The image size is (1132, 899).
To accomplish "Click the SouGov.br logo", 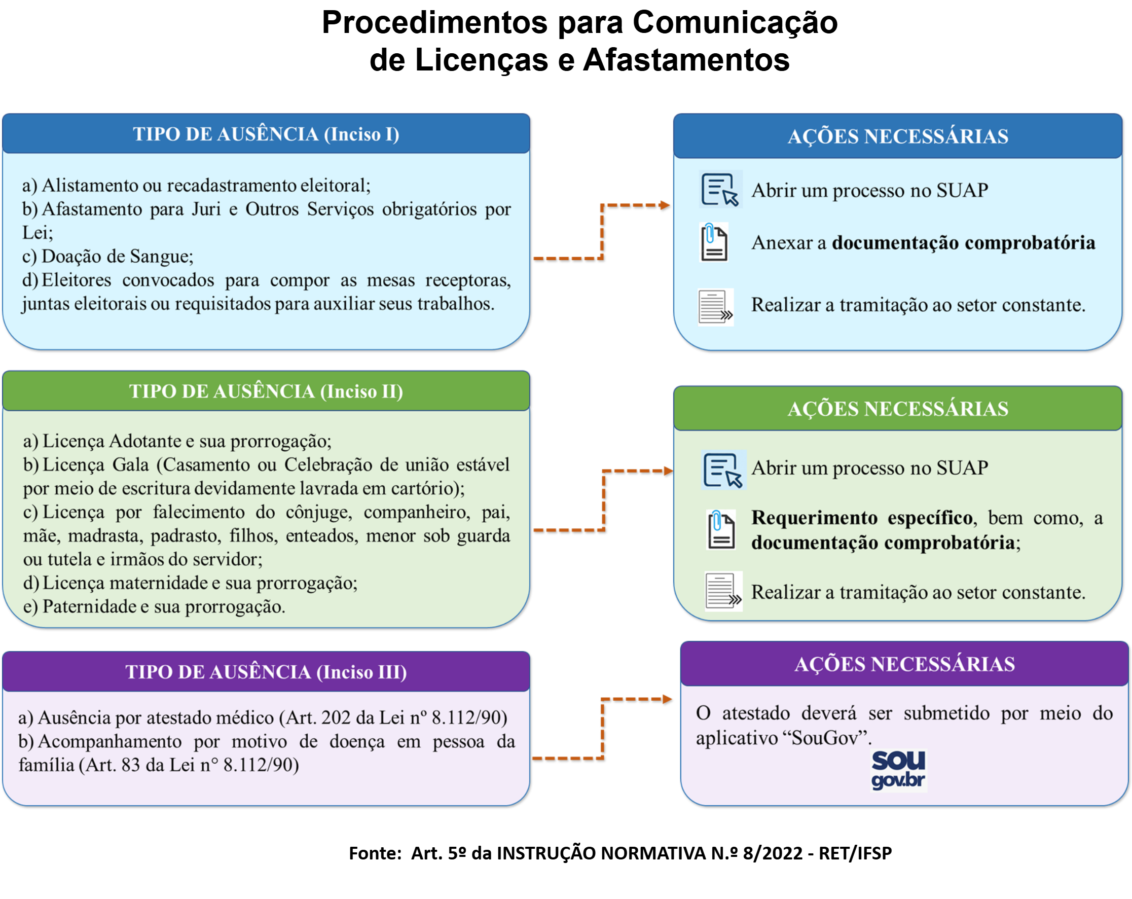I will [x=898, y=770].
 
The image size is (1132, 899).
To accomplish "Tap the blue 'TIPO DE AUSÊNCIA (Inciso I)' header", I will [x=266, y=134].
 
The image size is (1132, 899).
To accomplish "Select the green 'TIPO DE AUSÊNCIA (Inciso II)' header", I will [x=266, y=391].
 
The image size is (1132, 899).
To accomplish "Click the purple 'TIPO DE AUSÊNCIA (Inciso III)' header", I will [x=266, y=672].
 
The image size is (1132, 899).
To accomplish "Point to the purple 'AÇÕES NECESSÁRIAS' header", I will [x=904, y=664].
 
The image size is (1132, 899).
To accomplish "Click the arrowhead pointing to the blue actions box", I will [x=665, y=205].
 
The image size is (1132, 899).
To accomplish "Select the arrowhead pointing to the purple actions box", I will [x=667, y=699].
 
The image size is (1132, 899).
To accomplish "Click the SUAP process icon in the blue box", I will [x=720, y=190].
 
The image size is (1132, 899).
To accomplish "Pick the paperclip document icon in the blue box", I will [x=714, y=242].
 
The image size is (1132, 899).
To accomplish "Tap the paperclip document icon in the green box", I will [x=721, y=529].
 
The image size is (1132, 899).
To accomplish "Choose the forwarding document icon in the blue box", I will [x=715, y=307].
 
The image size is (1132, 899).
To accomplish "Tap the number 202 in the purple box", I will [x=337, y=717].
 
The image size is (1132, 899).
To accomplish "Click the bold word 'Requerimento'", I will [x=814, y=518].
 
